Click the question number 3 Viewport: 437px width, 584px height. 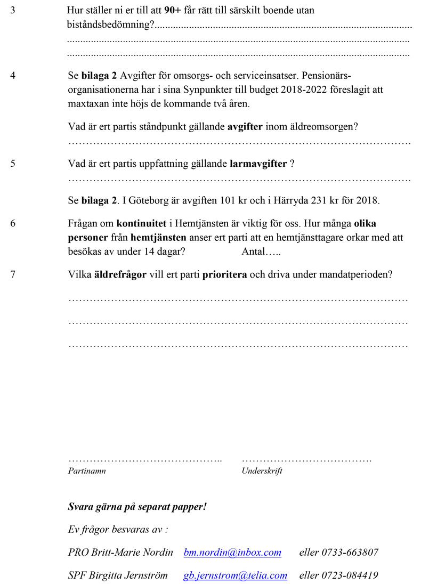[x=13, y=10]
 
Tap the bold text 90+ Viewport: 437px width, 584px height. [x=173, y=10]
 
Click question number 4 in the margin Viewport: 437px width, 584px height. [x=13, y=75]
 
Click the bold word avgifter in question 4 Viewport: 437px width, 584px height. [x=245, y=127]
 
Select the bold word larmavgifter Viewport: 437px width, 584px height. [x=258, y=164]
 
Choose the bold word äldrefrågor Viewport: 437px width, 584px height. [x=120, y=275]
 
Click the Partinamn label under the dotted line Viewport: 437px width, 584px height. [x=87, y=471]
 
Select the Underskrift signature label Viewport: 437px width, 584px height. [x=262, y=471]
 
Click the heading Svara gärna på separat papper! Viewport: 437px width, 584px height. [x=137, y=507]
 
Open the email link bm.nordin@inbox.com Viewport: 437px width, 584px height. [x=232, y=553]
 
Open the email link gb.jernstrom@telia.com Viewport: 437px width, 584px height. [x=236, y=575]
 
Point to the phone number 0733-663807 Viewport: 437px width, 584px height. [x=350, y=553]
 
